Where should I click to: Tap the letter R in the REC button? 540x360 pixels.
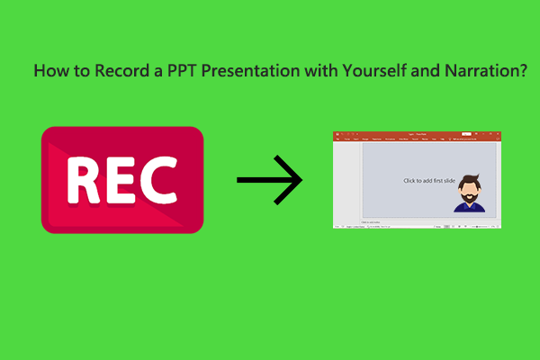(x=86, y=180)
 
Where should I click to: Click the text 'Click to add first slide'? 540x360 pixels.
(x=427, y=180)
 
